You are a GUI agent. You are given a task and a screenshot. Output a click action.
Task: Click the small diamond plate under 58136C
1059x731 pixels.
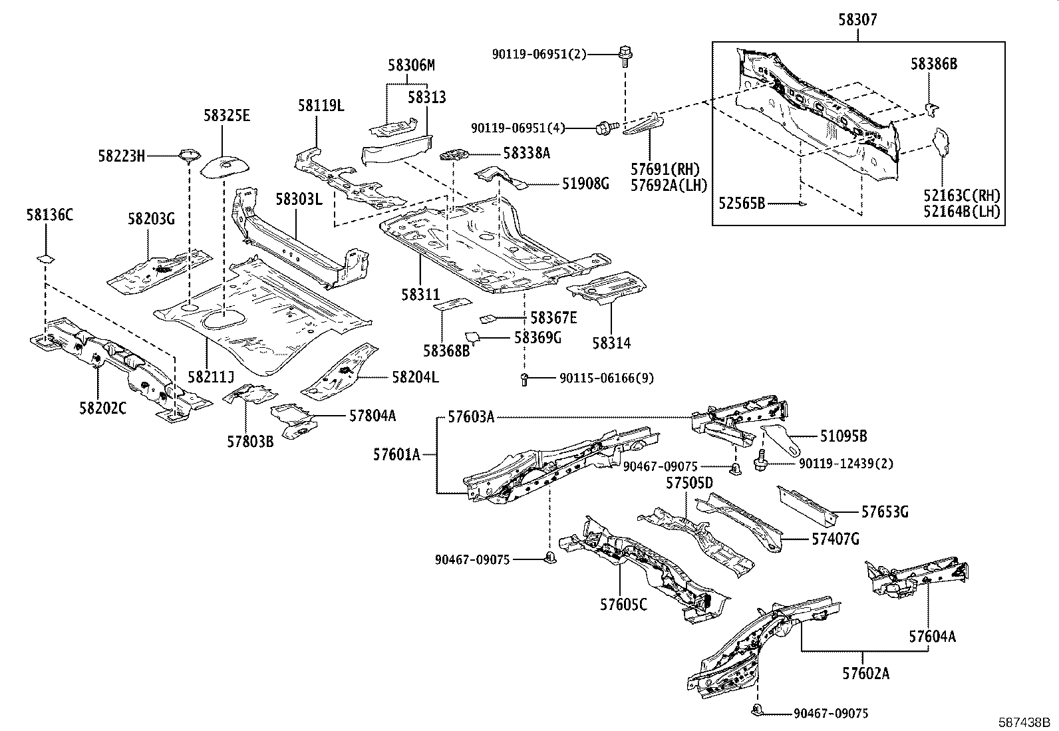tap(45, 257)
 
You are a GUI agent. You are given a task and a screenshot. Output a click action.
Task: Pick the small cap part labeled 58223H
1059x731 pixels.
tap(189, 156)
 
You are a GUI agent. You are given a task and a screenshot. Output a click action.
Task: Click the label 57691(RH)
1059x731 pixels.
tap(668, 168)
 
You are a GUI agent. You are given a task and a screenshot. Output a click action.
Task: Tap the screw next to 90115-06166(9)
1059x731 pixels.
tap(524, 380)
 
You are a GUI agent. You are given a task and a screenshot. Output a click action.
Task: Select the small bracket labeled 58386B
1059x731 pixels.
tap(933, 107)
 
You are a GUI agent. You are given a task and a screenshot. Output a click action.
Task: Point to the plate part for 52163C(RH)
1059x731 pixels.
tap(942, 141)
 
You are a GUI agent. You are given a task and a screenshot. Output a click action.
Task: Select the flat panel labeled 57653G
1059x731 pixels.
tap(806, 506)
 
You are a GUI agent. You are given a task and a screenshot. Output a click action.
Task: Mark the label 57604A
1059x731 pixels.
tap(932, 637)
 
